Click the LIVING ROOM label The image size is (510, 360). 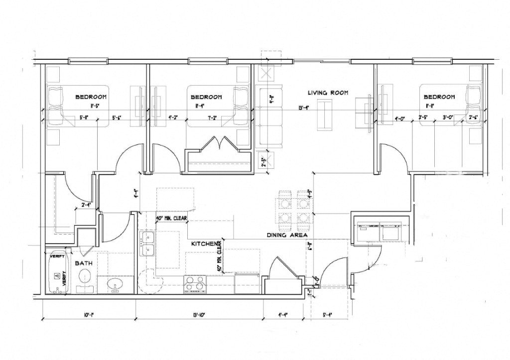point(327,93)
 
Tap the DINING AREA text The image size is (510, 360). point(287,236)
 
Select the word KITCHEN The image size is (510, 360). point(205,244)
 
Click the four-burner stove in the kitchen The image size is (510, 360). point(195,284)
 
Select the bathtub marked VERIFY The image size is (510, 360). point(57,271)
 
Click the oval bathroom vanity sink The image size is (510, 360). point(116,285)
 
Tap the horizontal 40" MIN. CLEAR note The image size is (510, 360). point(171,218)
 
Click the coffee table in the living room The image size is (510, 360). point(326,114)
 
